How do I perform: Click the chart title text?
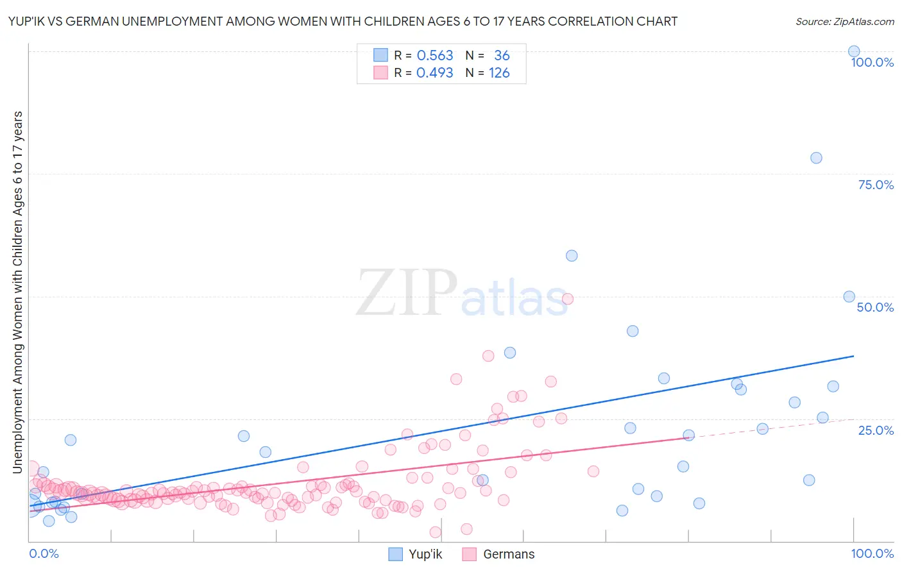pyautogui.click(x=343, y=22)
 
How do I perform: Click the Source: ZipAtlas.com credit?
pyautogui.click(x=844, y=22)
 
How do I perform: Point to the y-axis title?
pyautogui.click(x=18, y=292)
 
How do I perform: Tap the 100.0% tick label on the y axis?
pyautogui.click(x=872, y=62)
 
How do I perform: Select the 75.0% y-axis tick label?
pyautogui.click(x=876, y=185)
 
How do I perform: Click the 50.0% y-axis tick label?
pyautogui.click(x=875, y=307)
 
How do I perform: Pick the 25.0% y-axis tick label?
pyautogui.click(x=876, y=430)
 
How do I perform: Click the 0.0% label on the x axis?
pyautogui.click(x=44, y=553)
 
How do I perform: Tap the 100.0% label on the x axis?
pyautogui.click(x=872, y=553)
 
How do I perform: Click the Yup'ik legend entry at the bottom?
pyautogui.click(x=425, y=554)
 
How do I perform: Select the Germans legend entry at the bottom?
pyautogui.click(x=508, y=554)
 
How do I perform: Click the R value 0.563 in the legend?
pyautogui.click(x=435, y=56)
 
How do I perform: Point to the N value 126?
pyautogui.click(x=499, y=73)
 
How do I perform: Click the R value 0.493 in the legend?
pyautogui.click(x=435, y=73)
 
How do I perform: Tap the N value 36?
pyautogui.click(x=502, y=56)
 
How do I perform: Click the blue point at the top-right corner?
pyautogui.click(x=853, y=51)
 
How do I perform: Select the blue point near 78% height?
pyautogui.click(x=816, y=158)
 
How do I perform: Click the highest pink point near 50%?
pyautogui.click(x=567, y=299)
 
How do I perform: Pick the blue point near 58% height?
pyautogui.click(x=572, y=256)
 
